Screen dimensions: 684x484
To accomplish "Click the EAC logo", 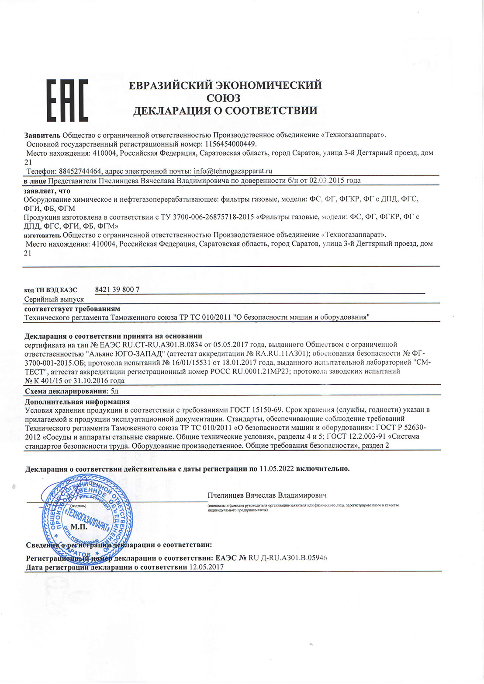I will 67,100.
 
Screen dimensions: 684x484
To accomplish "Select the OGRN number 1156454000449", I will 229,144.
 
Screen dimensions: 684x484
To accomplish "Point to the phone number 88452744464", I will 80,171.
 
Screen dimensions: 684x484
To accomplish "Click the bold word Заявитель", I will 42,135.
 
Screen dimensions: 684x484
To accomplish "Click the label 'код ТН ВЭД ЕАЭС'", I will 50,290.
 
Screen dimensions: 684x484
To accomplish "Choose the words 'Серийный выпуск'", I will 54,300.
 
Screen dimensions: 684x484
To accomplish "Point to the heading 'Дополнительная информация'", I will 77,401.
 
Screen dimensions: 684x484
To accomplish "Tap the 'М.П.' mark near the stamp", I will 79,527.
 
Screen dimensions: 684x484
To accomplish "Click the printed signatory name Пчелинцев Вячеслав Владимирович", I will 267,496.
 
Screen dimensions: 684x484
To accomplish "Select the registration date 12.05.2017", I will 206,567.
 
